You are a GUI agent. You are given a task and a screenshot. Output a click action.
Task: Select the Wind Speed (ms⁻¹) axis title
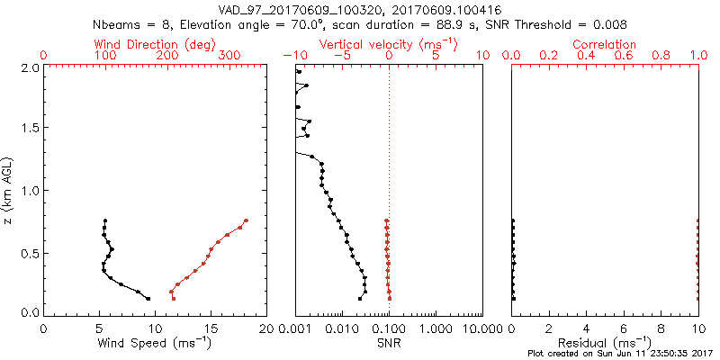(x=155, y=342)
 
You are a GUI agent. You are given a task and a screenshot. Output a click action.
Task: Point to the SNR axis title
(x=389, y=342)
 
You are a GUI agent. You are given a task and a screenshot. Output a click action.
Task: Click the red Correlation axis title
(x=605, y=44)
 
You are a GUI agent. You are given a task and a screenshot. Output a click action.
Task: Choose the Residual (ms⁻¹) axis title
(x=605, y=342)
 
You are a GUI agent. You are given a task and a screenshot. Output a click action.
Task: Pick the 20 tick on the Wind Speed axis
(x=266, y=328)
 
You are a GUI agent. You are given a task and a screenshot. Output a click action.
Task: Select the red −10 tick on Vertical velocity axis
(x=293, y=56)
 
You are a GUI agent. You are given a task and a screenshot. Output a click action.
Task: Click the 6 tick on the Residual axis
(x=624, y=328)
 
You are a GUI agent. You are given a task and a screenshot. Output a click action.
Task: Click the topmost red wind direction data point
(x=246, y=220)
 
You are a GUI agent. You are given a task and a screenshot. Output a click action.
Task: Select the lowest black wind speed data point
(x=148, y=298)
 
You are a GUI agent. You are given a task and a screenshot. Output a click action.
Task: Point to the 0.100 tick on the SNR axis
(x=389, y=328)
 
